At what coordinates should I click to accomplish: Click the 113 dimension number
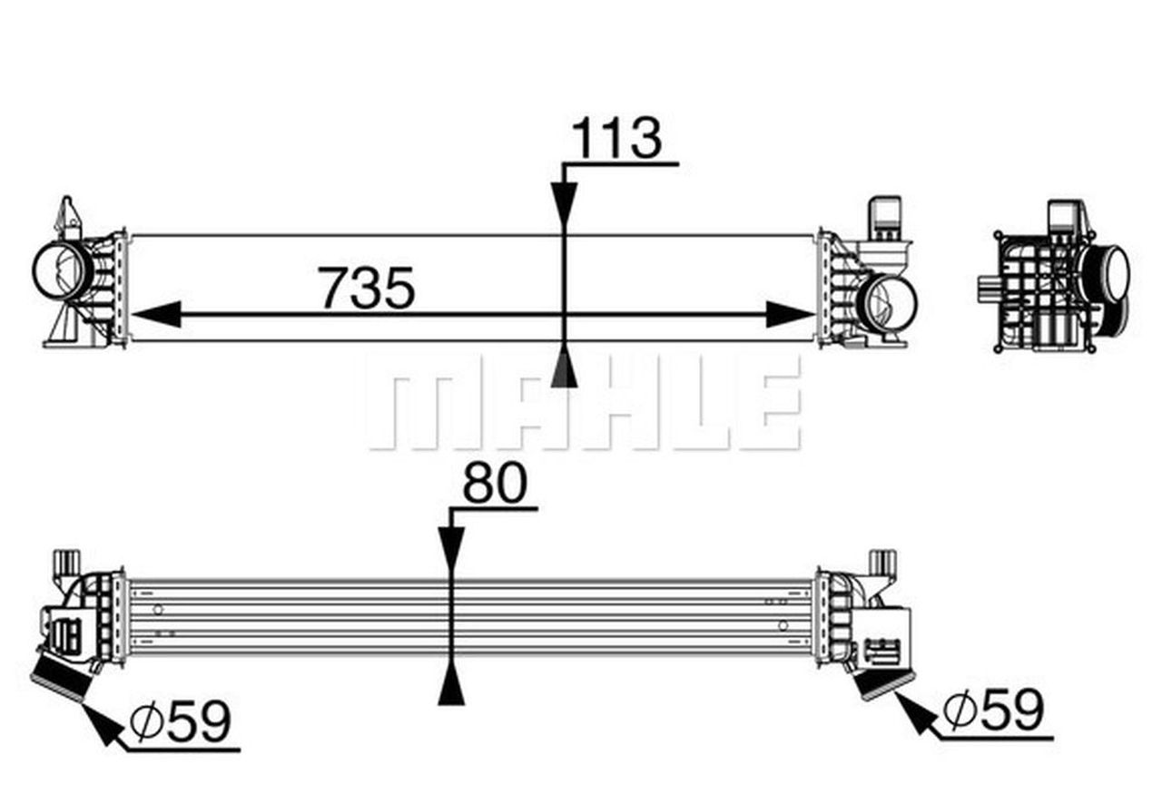point(616,138)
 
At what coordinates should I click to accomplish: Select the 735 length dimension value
point(367,288)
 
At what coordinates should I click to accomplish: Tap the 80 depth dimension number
point(495,484)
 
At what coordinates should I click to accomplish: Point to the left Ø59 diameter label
point(180,721)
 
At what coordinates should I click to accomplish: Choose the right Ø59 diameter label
point(993,709)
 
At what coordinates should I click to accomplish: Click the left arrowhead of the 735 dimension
point(157,314)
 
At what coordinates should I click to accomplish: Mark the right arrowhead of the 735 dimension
point(791,314)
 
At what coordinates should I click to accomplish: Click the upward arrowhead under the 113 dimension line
point(564,368)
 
